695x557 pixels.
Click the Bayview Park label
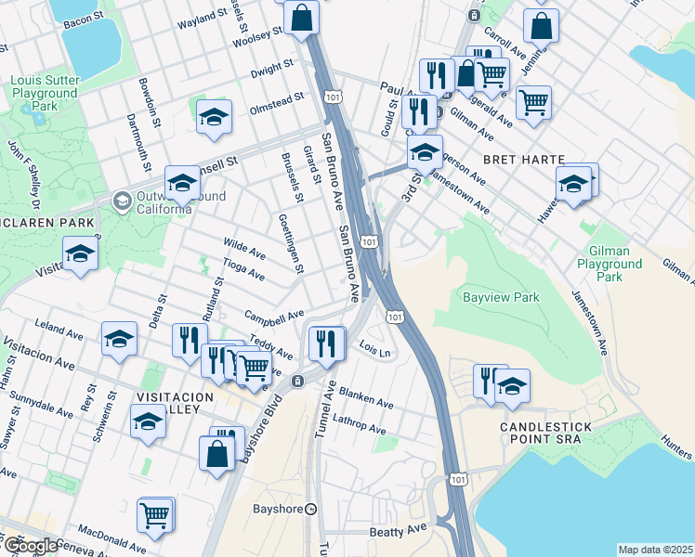(x=501, y=298)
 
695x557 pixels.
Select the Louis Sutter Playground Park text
(x=44, y=94)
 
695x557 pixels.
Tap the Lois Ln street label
(x=373, y=350)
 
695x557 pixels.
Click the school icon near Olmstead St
(x=214, y=117)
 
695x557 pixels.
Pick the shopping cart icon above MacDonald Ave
(x=155, y=515)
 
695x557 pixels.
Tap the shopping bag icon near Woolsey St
(x=302, y=18)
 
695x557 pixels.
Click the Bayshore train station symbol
(x=312, y=509)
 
